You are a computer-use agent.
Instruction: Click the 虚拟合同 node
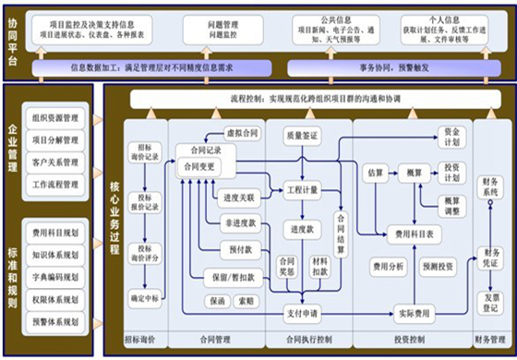click(x=242, y=133)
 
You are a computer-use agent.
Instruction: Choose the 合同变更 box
click(x=203, y=166)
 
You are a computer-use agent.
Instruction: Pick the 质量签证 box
click(x=302, y=136)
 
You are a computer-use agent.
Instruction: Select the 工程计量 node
click(x=302, y=189)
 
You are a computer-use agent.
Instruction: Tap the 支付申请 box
click(x=302, y=313)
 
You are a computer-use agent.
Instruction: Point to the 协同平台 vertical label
click(x=14, y=42)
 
